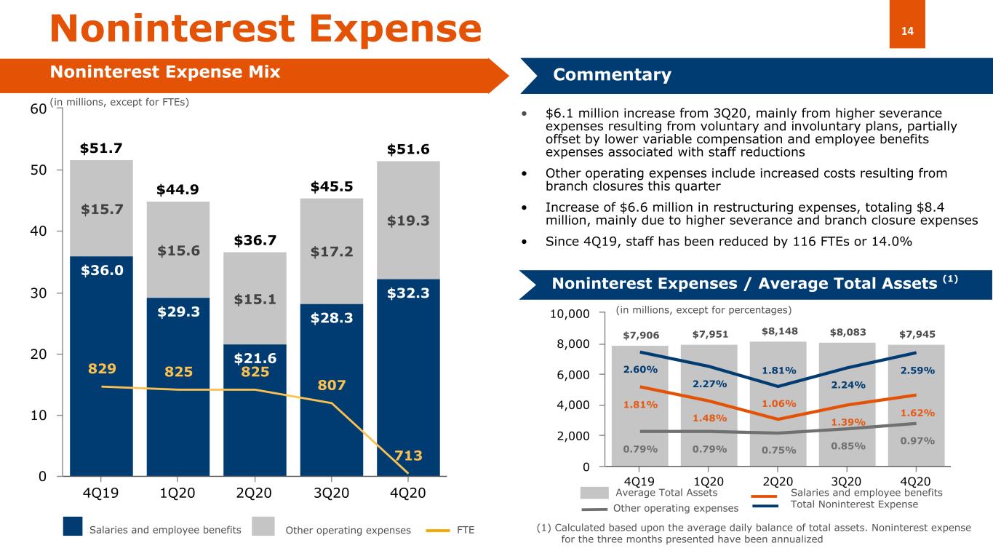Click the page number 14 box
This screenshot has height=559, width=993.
907,24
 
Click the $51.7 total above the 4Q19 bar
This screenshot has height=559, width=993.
101,148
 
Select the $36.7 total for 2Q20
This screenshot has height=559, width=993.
255,240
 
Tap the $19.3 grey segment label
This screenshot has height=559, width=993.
408,221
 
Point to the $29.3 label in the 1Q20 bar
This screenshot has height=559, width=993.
178,312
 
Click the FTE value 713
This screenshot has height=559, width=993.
408,456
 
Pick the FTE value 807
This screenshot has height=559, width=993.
331,385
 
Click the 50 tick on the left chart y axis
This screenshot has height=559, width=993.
39,170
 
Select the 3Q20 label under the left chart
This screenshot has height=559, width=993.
331,493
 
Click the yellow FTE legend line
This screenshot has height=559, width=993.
437,530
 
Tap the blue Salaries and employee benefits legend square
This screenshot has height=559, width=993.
73,526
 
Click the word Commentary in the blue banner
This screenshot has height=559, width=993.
613,74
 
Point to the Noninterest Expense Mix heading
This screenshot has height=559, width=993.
165,72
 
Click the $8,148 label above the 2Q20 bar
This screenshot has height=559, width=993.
779,331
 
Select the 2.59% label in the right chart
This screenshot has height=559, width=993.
917,370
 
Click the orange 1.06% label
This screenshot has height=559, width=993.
779,404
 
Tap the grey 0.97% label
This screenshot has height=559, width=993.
917,441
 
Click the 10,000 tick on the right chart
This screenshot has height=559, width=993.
570,314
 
